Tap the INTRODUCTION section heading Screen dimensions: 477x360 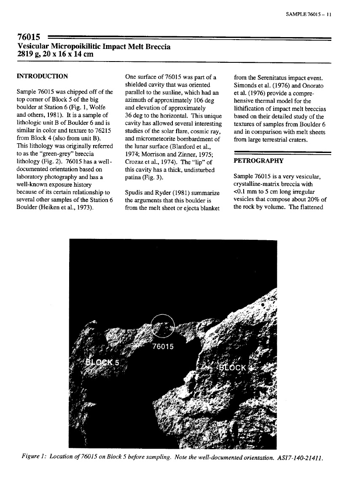click(42, 76)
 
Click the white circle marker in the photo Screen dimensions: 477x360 click(164, 326)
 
